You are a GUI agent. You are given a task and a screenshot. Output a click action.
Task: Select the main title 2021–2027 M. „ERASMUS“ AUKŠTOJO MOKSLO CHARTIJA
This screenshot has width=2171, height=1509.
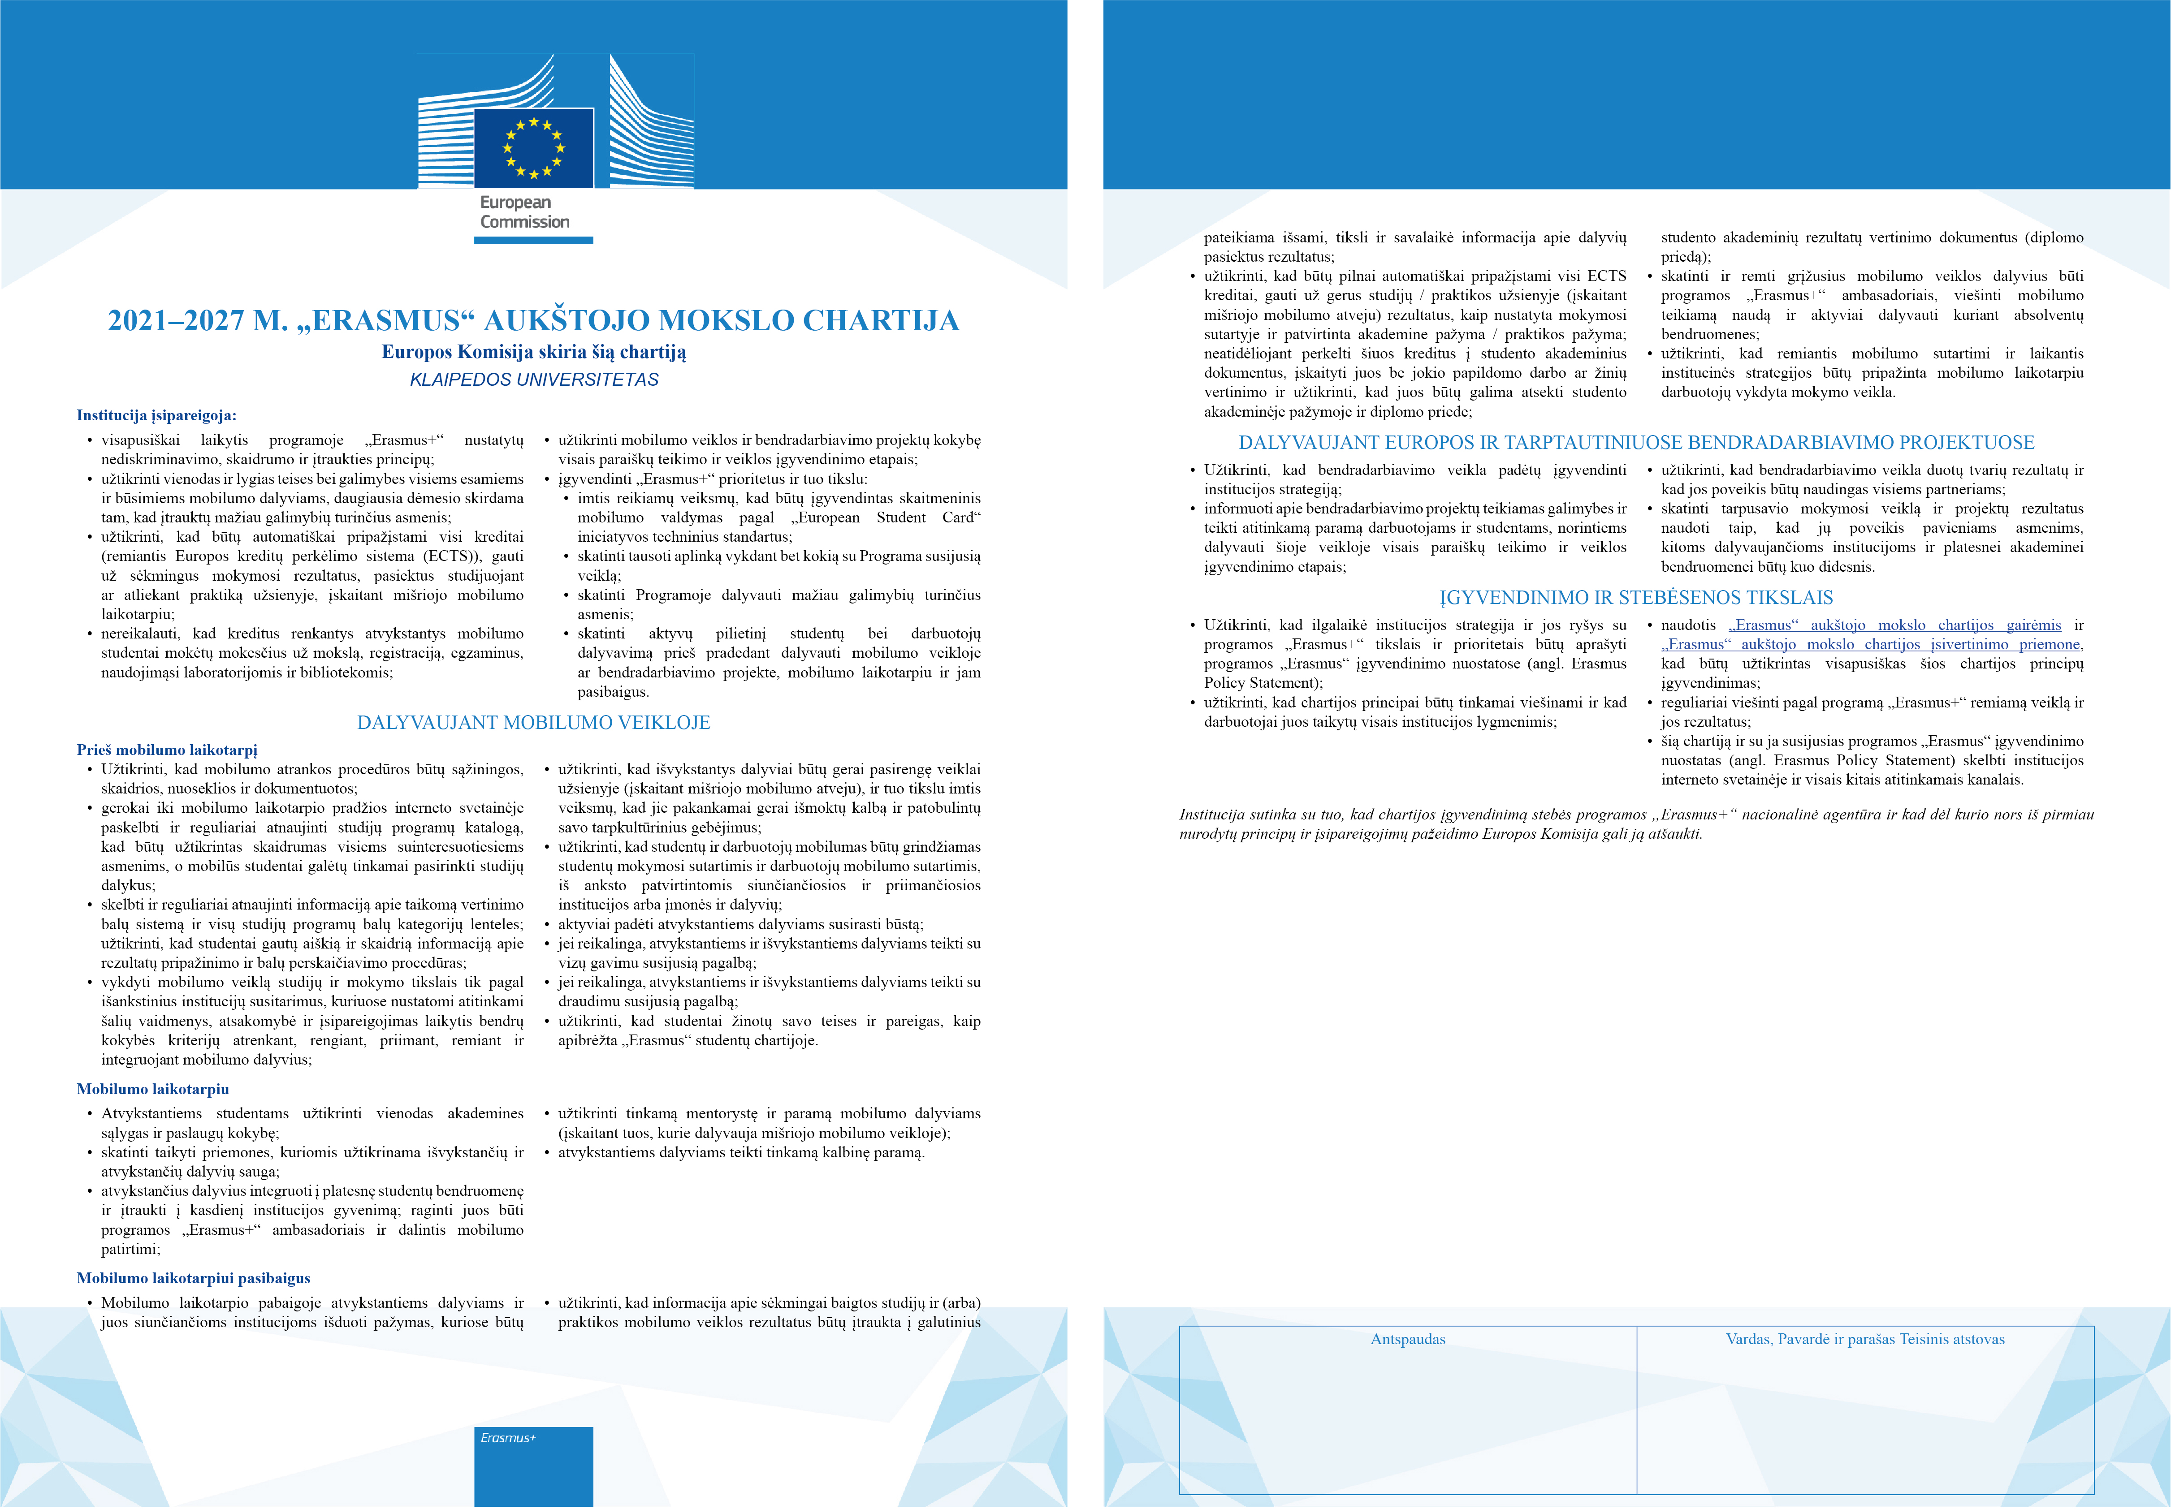click(533, 320)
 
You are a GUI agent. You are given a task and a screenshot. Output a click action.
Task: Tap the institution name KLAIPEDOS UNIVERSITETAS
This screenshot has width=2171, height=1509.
click(533, 379)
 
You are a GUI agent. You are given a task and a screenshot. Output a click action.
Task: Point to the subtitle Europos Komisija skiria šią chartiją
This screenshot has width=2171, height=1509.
click(533, 352)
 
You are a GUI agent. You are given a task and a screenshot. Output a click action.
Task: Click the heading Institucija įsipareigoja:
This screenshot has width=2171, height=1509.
click(156, 415)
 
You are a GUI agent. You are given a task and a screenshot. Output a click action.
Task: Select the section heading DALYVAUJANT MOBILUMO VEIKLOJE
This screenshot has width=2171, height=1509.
click(533, 722)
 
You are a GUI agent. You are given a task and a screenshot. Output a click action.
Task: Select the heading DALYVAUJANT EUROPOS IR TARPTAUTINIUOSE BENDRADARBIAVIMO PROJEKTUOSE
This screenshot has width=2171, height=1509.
click(1636, 443)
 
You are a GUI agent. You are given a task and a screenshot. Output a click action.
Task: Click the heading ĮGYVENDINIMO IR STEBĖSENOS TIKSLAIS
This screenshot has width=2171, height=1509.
click(1636, 598)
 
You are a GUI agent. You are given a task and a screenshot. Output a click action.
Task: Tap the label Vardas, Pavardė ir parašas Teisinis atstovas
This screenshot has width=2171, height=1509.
click(1864, 1339)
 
